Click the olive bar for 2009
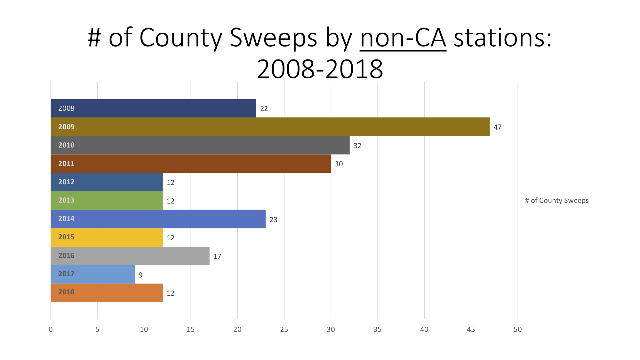coord(270,127)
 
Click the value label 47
coord(497,127)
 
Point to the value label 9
coord(140,275)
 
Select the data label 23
coord(273,220)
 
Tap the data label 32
coord(357,146)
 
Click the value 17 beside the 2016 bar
coord(217,256)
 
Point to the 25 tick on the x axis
coord(284,329)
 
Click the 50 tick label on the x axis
coord(517,329)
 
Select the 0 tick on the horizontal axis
coord(51,329)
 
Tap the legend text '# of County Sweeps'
coord(556,200)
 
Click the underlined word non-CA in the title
coord(403,38)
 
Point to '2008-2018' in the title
coord(320,69)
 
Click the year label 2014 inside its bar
coord(66,219)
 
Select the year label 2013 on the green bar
coord(66,200)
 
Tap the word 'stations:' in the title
coord(503,38)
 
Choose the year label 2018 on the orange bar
coord(66,292)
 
